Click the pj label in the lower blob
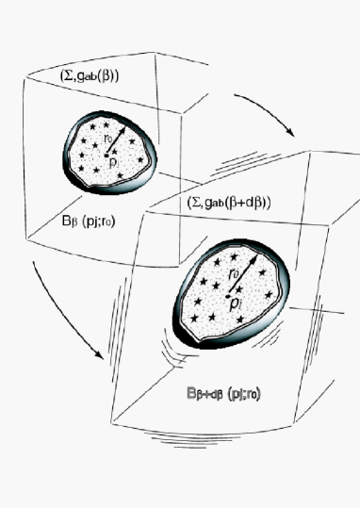coord(239,303)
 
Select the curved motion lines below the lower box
coord(179,440)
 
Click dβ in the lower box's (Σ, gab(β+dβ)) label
coord(251,204)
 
